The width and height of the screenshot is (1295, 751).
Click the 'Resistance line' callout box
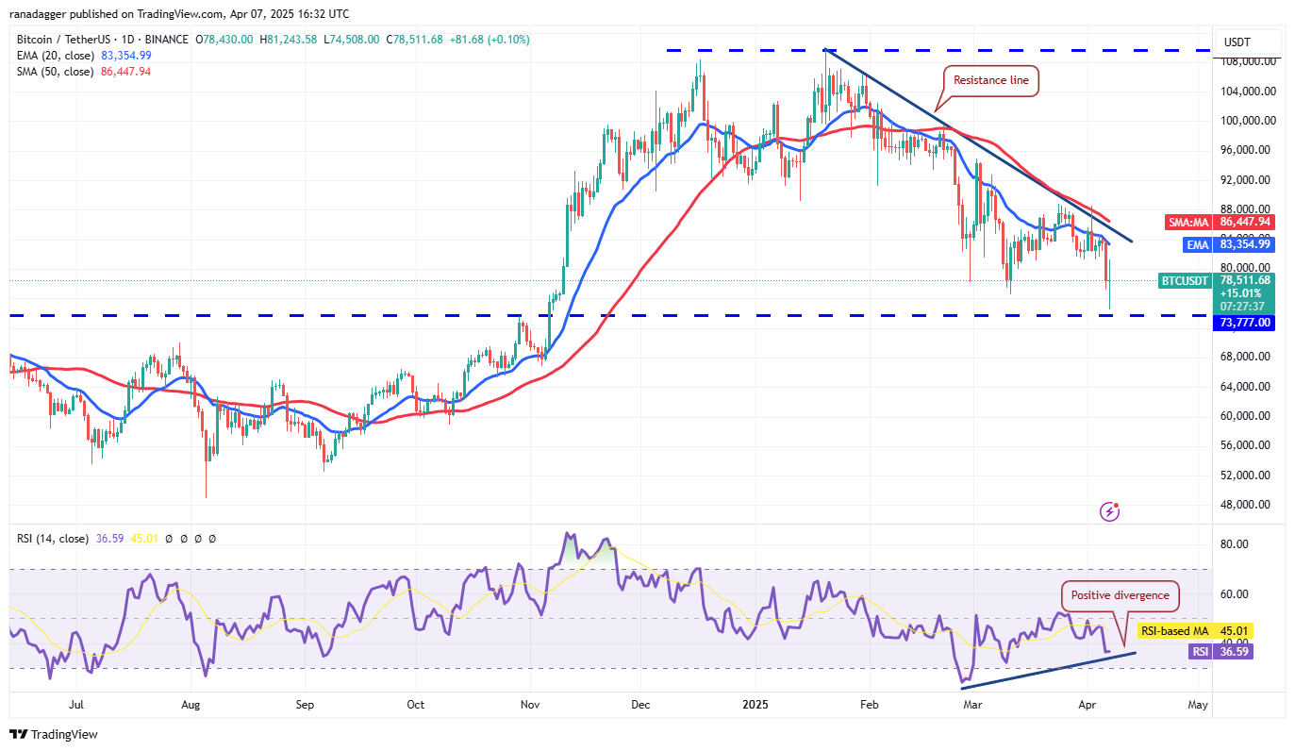992,81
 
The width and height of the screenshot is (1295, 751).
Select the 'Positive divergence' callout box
1120,595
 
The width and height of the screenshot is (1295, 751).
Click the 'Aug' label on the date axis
191,705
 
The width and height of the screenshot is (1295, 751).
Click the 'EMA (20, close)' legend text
55,56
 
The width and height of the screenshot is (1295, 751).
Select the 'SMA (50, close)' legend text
55,72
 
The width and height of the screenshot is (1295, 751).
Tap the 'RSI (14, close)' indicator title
53,539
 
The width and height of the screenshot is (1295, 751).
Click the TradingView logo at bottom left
54,734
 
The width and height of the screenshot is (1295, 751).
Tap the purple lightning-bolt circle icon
1110,511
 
